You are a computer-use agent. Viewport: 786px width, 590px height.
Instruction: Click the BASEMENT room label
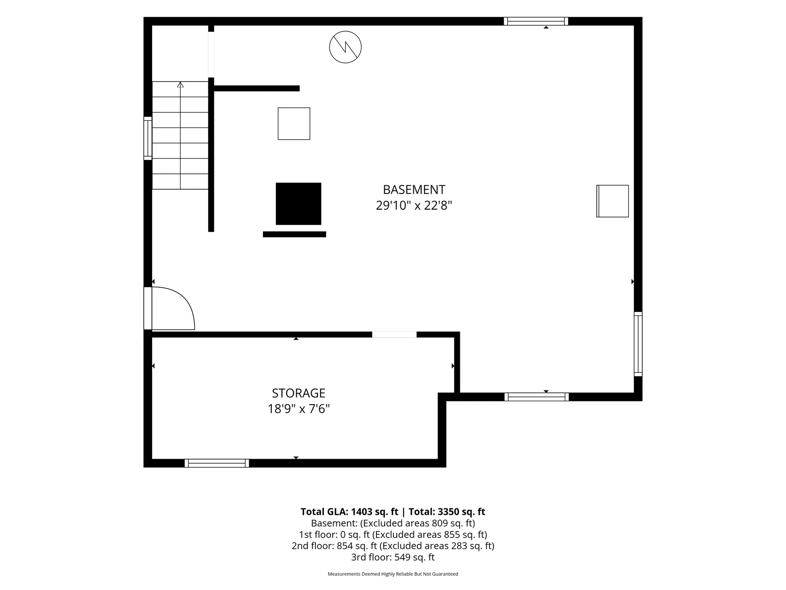pyautogui.click(x=414, y=189)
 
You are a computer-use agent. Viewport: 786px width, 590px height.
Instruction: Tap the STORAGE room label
pyautogui.click(x=299, y=393)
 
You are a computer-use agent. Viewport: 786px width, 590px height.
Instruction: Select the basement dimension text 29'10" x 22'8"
pyautogui.click(x=414, y=205)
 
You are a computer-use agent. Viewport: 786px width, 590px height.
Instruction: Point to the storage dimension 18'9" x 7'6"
pyautogui.click(x=299, y=409)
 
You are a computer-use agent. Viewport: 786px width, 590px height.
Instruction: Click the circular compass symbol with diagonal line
pyautogui.click(x=345, y=47)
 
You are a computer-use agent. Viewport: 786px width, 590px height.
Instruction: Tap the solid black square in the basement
pyautogui.click(x=299, y=204)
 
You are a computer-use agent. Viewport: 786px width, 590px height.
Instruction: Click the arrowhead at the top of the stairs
pyautogui.click(x=181, y=85)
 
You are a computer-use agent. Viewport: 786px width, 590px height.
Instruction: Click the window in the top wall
pyautogui.click(x=536, y=21)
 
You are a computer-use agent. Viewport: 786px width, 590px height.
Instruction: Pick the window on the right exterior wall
pyautogui.click(x=638, y=344)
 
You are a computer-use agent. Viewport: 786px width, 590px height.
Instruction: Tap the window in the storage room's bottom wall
pyautogui.click(x=217, y=463)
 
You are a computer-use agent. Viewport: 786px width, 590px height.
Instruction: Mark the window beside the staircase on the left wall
pyautogui.click(x=148, y=138)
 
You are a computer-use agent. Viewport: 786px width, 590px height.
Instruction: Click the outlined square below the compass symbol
pyautogui.click(x=294, y=124)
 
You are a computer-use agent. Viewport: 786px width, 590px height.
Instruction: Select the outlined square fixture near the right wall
pyautogui.click(x=613, y=201)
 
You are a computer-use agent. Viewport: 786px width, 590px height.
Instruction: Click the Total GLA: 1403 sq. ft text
pyautogui.click(x=349, y=512)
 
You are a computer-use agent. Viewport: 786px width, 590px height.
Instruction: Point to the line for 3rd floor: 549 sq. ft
pyautogui.click(x=393, y=557)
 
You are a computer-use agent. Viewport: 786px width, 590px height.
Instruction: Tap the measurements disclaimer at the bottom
pyautogui.click(x=393, y=574)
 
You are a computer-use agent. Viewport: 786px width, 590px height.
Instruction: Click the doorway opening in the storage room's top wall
pyautogui.click(x=394, y=335)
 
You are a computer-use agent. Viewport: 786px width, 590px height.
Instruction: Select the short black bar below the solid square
pyautogui.click(x=294, y=234)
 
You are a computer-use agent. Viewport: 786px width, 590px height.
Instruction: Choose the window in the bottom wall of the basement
pyautogui.click(x=537, y=397)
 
